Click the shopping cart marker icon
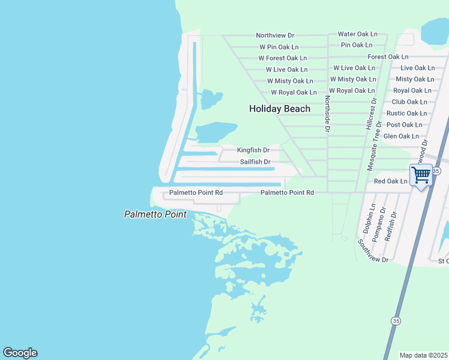coord(421,176)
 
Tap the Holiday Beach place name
coord(280,109)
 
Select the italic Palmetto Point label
coord(155,214)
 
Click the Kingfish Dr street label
coord(253,150)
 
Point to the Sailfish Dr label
coord(255,162)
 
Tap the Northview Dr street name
coord(274,35)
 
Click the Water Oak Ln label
coord(358,34)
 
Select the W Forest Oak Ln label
coord(282,58)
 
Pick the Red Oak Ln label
coord(390,181)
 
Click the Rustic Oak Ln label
coord(406,113)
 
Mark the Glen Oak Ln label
coord(401,136)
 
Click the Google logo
coord(20,353)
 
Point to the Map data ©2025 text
coord(423,355)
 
